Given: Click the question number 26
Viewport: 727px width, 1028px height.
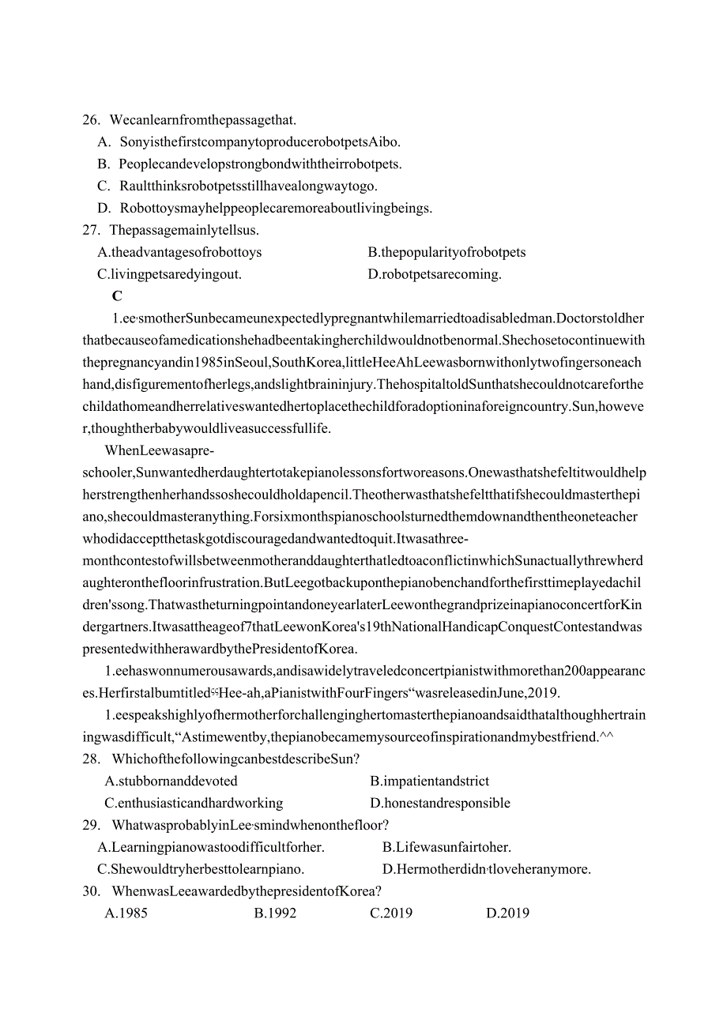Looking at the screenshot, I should (x=91, y=120).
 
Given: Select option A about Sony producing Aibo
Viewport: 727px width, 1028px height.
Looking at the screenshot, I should (x=249, y=142).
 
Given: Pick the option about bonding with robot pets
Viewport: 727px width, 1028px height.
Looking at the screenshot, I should (x=250, y=164).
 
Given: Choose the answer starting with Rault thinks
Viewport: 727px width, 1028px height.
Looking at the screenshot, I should (x=238, y=186).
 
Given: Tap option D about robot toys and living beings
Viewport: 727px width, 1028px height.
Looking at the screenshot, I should (x=265, y=209).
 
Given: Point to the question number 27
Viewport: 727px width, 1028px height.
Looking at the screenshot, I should (x=91, y=231).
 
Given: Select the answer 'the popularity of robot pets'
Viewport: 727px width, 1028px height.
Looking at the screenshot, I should (x=446, y=253).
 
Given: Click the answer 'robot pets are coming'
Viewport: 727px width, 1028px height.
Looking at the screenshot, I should (x=435, y=275).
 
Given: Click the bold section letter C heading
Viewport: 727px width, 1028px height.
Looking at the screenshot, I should (x=117, y=296).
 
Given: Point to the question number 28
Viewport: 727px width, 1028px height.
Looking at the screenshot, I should (x=91, y=759).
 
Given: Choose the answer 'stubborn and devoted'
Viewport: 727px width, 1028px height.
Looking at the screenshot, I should (x=171, y=781).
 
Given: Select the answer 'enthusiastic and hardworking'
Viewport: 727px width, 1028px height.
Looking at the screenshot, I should (x=194, y=804).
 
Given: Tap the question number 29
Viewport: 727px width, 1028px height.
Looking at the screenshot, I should (x=91, y=826).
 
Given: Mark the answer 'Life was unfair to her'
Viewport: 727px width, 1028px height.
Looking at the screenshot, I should (x=446, y=848).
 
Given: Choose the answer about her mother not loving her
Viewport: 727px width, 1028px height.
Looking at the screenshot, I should (x=486, y=870).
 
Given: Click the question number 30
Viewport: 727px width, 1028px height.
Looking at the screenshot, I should (x=91, y=892).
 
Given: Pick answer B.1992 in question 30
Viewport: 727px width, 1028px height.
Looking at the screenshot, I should (x=275, y=913).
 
